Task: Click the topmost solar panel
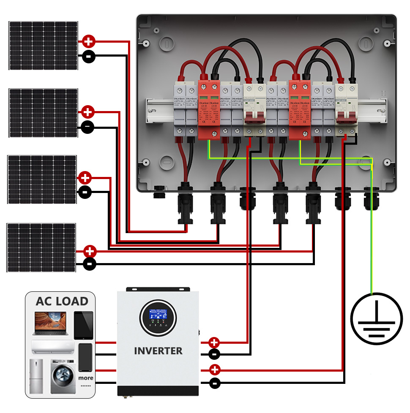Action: click(43, 45)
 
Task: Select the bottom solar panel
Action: click(41, 247)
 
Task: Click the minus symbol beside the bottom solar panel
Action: click(90, 265)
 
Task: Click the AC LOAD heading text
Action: click(62, 302)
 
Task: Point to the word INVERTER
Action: click(158, 351)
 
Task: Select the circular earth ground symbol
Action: click(376, 318)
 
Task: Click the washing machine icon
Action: click(63, 377)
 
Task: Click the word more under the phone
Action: click(86, 378)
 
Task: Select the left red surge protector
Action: click(209, 109)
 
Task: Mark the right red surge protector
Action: click(300, 109)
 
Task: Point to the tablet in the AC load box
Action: click(83, 325)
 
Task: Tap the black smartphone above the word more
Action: click(85, 357)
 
